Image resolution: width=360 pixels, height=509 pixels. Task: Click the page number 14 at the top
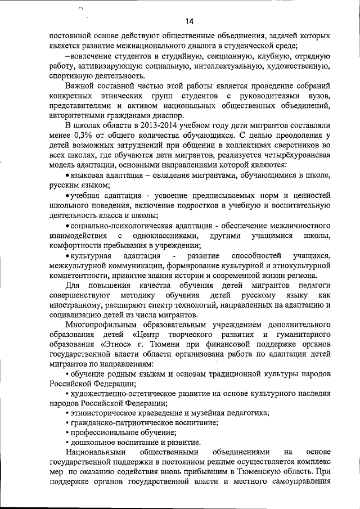tap(188, 21)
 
